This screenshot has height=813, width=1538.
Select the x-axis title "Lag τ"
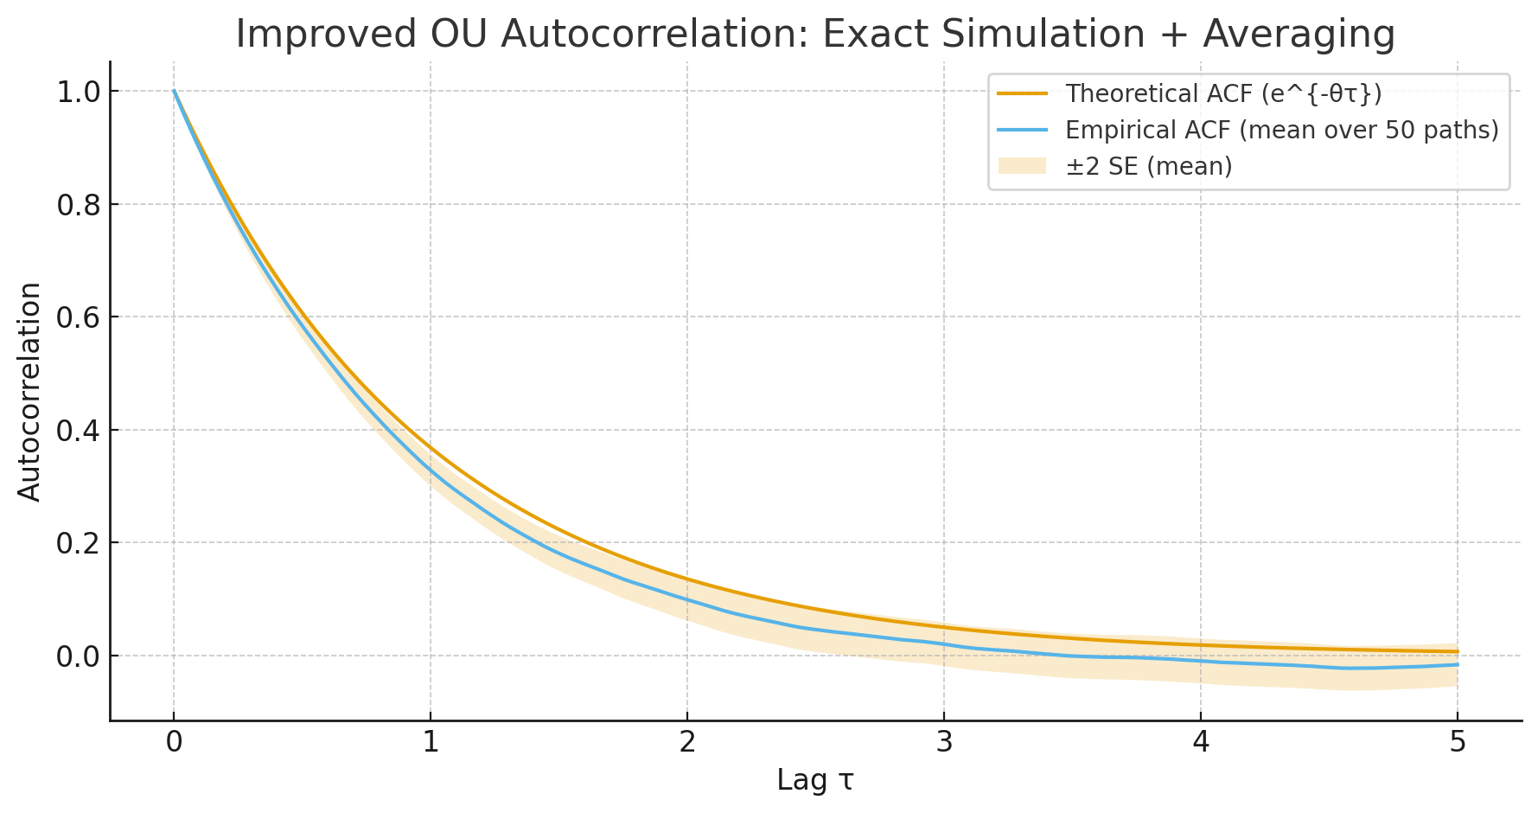click(814, 780)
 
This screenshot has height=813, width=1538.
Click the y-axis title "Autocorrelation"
click(29, 392)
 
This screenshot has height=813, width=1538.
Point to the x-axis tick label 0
click(174, 743)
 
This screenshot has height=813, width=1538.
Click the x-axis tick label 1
click(431, 743)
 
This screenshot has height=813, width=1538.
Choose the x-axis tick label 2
click(687, 743)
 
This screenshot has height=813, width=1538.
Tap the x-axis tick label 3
click(944, 743)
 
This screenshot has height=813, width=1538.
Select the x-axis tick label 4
click(1201, 743)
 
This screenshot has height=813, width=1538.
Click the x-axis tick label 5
click(1458, 743)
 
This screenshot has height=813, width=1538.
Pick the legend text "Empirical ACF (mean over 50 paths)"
click(1281, 130)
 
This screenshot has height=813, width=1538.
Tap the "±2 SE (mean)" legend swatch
click(1022, 166)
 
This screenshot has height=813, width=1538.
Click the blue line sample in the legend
click(1022, 130)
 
